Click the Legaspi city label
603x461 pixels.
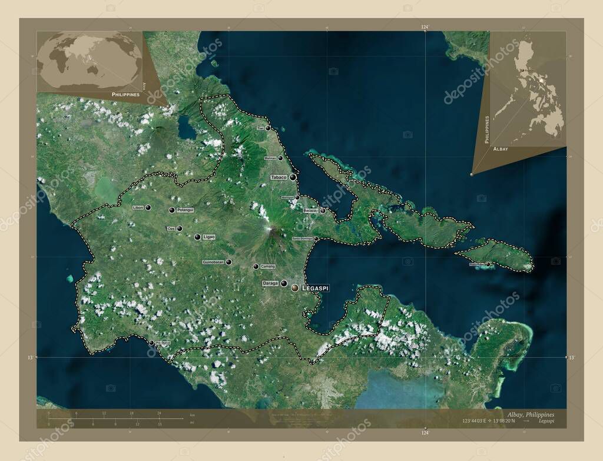click(x=316, y=288)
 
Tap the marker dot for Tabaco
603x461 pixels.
click(x=293, y=177)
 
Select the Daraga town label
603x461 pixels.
click(x=270, y=284)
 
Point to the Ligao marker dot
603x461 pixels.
click(x=197, y=237)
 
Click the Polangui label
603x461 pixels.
click(x=185, y=210)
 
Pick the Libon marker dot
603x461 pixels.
click(x=148, y=207)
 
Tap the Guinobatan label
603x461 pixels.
click(x=213, y=262)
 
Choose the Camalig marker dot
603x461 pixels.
click(x=256, y=266)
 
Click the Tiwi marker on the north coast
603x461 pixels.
click(x=267, y=128)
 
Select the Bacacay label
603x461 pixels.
click(x=310, y=210)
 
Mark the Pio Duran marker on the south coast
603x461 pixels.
click(x=151, y=343)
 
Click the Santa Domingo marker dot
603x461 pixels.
click(x=316, y=238)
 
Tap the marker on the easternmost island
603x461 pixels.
click(x=488, y=264)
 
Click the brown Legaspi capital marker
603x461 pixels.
click(x=294, y=287)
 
